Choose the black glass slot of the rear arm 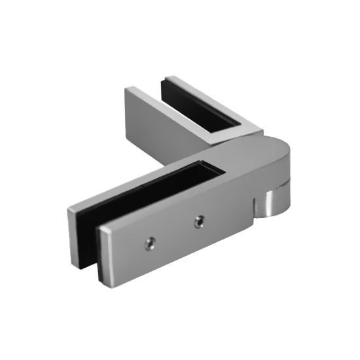click(x=209, y=108)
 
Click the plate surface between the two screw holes click(x=173, y=234)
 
